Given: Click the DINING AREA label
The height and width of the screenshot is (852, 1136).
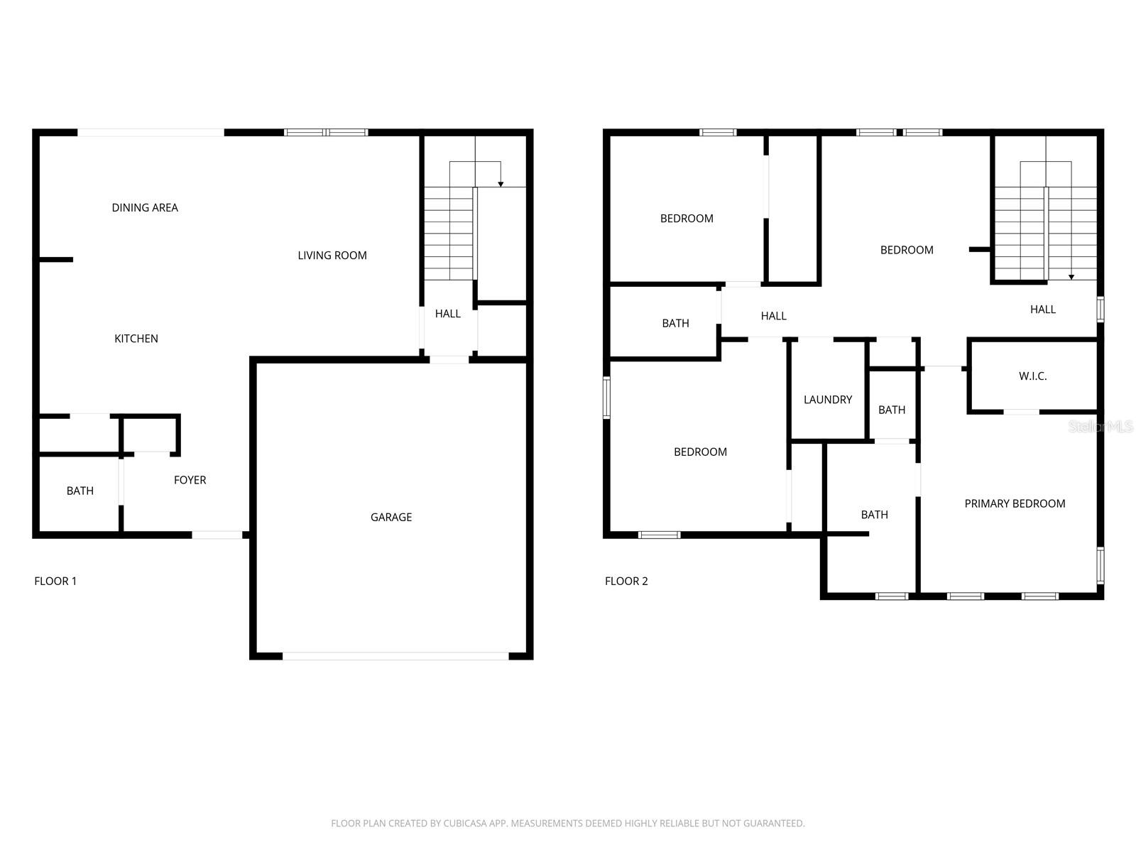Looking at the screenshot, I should pyautogui.click(x=145, y=207).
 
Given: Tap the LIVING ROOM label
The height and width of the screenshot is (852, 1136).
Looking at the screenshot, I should pyautogui.click(x=332, y=255).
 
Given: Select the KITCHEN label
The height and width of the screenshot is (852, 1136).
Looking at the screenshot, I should pyautogui.click(x=136, y=339).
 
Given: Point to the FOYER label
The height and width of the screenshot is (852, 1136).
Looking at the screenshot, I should pyautogui.click(x=190, y=480).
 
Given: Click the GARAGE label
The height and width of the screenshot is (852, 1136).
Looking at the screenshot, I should pyautogui.click(x=390, y=517).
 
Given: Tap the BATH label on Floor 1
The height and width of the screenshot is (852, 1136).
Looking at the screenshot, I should pyautogui.click(x=80, y=491).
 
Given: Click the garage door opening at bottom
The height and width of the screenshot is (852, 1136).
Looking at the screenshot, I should pyautogui.click(x=395, y=656).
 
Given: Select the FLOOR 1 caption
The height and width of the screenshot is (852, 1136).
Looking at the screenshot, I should pyautogui.click(x=55, y=581).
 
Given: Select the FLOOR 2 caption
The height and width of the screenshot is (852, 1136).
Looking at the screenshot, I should pyautogui.click(x=626, y=581).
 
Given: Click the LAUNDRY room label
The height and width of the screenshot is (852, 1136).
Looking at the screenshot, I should pyautogui.click(x=827, y=400).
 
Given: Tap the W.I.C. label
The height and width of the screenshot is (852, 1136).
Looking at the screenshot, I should pyautogui.click(x=1032, y=376).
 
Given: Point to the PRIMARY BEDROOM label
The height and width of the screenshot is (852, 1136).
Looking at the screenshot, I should pyautogui.click(x=1015, y=503).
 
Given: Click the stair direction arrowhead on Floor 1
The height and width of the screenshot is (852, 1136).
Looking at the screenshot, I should pyautogui.click(x=501, y=185).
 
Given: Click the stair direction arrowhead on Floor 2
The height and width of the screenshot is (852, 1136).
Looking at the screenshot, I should pyautogui.click(x=1071, y=277).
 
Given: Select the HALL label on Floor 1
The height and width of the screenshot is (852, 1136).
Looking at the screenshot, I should pyautogui.click(x=447, y=313).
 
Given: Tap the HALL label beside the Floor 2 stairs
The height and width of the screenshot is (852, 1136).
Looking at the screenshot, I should pyautogui.click(x=1042, y=309).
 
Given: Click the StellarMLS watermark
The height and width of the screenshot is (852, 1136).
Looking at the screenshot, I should pyautogui.click(x=1100, y=427).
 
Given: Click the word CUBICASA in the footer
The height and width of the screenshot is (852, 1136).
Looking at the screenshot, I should pyautogui.click(x=469, y=824).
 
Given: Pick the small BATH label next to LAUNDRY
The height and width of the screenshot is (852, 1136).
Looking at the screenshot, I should pyautogui.click(x=892, y=410).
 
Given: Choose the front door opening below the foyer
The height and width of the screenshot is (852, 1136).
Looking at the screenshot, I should pyautogui.click(x=217, y=535).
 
